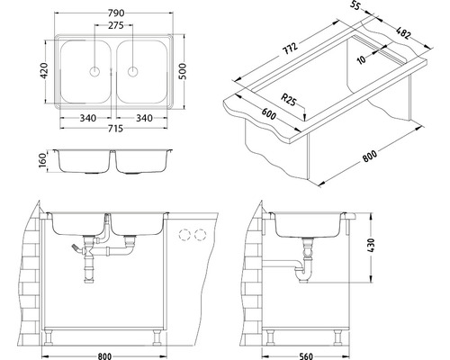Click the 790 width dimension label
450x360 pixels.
pyautogui.click(x=116, y=13)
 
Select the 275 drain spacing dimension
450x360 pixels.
pyautogui.click(x=116, y=25)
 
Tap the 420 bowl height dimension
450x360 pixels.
pyautogui.click(x=44, y=71)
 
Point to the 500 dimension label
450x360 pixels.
pyautogui.click(x=183, y=71)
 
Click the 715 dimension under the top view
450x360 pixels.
pyautogui.click(x=114, y=129)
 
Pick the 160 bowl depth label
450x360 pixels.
pyautogui.click(x=43, y=161)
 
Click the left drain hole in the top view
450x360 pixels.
pyautogui.click(x=94, y=72)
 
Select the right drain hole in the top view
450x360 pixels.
pyautogui.click(x=132, y=72)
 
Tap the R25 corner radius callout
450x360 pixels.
pyautogui.click(x=288, y=99)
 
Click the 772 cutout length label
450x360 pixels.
pyautogui.click(x=290, y=49)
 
